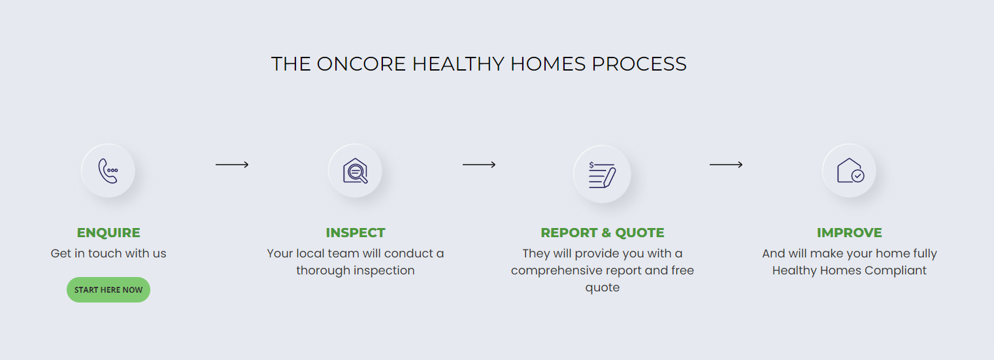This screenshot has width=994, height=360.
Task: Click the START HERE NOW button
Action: [x=108, y=290]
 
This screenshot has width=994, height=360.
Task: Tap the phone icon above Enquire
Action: [x=108, y=171]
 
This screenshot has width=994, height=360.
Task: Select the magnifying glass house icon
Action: [x=355, y=171]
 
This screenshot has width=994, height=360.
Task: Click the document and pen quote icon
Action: [x=602, y=174]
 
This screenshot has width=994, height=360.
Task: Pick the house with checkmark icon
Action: [x=850, y=171]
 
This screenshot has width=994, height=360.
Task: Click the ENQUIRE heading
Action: [x=108, y=233]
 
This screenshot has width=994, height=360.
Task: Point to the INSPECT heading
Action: [x=356, y=233]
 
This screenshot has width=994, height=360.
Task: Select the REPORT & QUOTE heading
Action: [x=602, y=233]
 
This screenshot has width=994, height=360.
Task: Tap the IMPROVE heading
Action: [x=850, y=233]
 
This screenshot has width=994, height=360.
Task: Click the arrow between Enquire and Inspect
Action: [x=232, y=165]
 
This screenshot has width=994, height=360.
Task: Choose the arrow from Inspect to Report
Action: [x=479, y=165]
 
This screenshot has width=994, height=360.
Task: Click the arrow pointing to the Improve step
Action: [x=726, y=165]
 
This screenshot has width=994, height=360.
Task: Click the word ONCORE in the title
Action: [x=361, y=64]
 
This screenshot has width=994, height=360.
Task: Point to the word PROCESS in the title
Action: [x=639, y=64]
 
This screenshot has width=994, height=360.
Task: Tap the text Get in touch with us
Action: [x=108, y=254]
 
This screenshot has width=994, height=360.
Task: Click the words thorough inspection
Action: [x=356, y=270]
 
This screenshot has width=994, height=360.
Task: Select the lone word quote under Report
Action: [x=602, y=288]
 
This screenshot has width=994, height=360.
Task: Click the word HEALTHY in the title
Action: [x=458, y=64]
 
